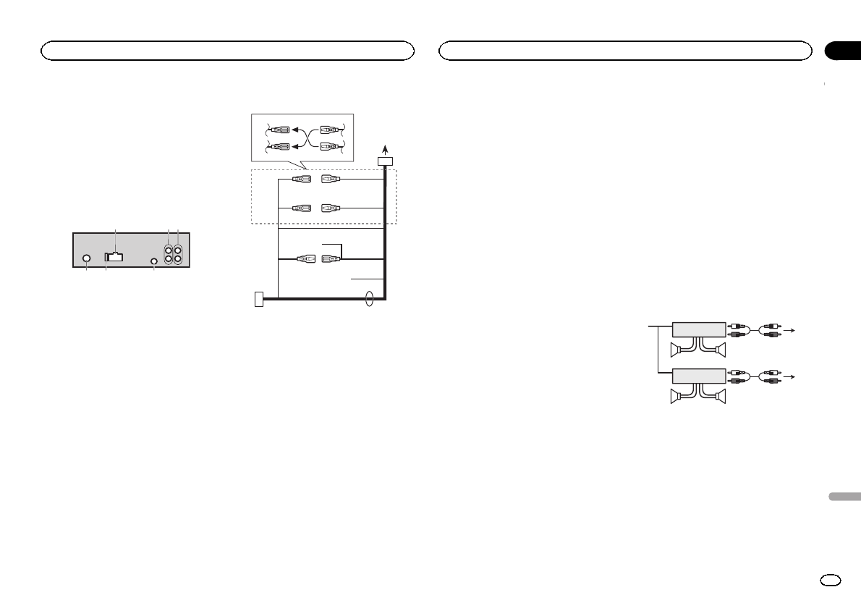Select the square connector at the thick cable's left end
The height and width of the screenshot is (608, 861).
point(260,297)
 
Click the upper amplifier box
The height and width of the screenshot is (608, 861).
point(698,329)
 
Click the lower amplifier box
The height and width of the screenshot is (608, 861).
point(698,376)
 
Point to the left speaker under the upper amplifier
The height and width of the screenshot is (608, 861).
point(679,350)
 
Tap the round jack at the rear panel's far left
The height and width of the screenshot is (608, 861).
point(87,259)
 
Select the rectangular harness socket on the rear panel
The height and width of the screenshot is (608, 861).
point(114,256)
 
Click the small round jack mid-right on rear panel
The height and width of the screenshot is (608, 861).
point(154,261)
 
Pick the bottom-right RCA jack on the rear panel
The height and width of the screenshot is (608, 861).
point(178,258)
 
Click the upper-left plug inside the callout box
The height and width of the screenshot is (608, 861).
point(279,130)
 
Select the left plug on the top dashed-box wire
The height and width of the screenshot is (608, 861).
point(302,179)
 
